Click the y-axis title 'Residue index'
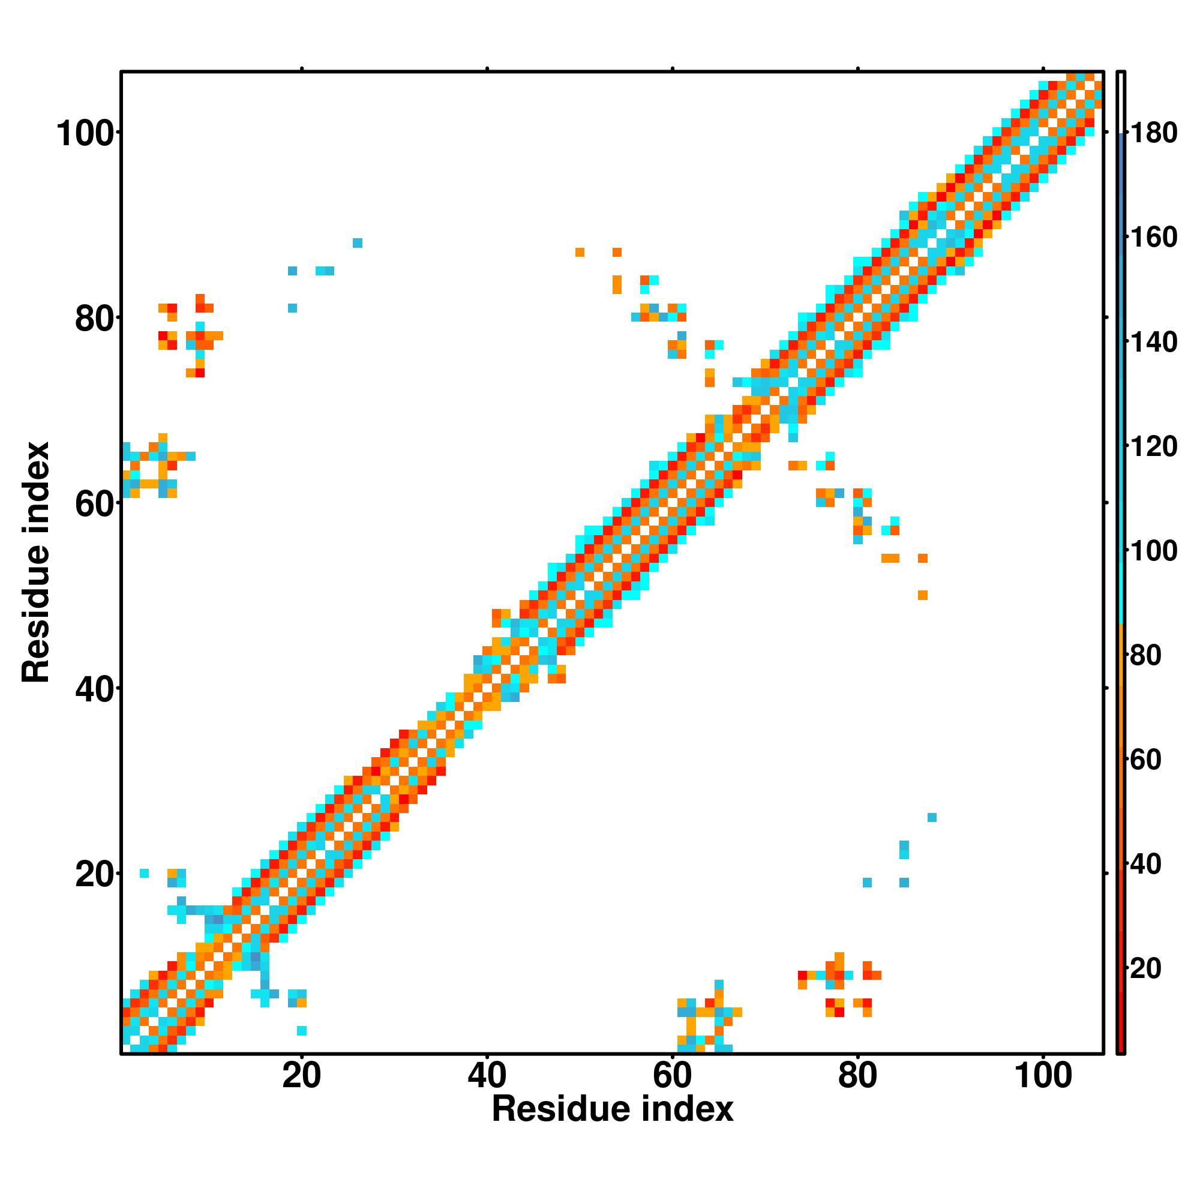pos(35,562)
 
